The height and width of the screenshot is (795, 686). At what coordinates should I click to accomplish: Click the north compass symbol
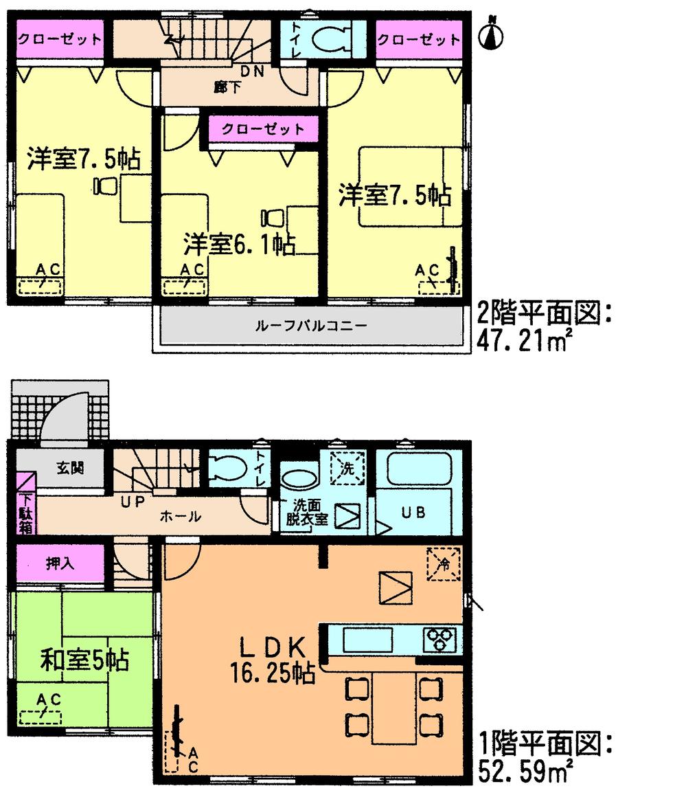(491, 34)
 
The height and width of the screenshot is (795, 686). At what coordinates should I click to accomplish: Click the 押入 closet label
(60, 563)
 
